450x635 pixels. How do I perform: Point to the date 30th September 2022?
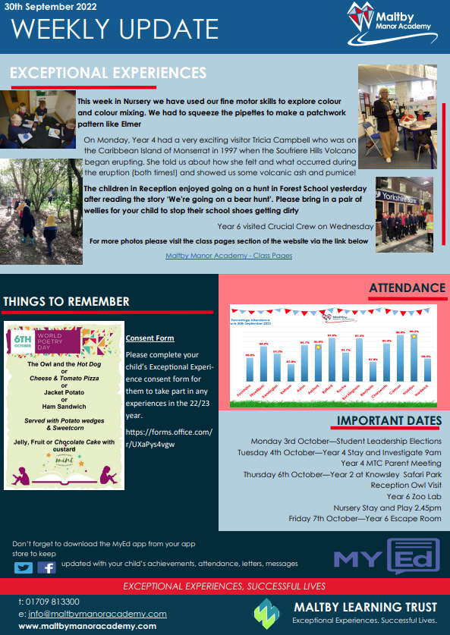[x=46, y=6]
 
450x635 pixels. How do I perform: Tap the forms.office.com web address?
[x=168, y=438]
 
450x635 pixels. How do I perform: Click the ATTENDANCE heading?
[x=408, y=288]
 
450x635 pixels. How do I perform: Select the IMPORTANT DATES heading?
[x=389, y=421]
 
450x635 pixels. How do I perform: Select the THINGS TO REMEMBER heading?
[x=66, y=301]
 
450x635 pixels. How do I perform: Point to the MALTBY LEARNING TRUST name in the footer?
[x=366, y=607]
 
